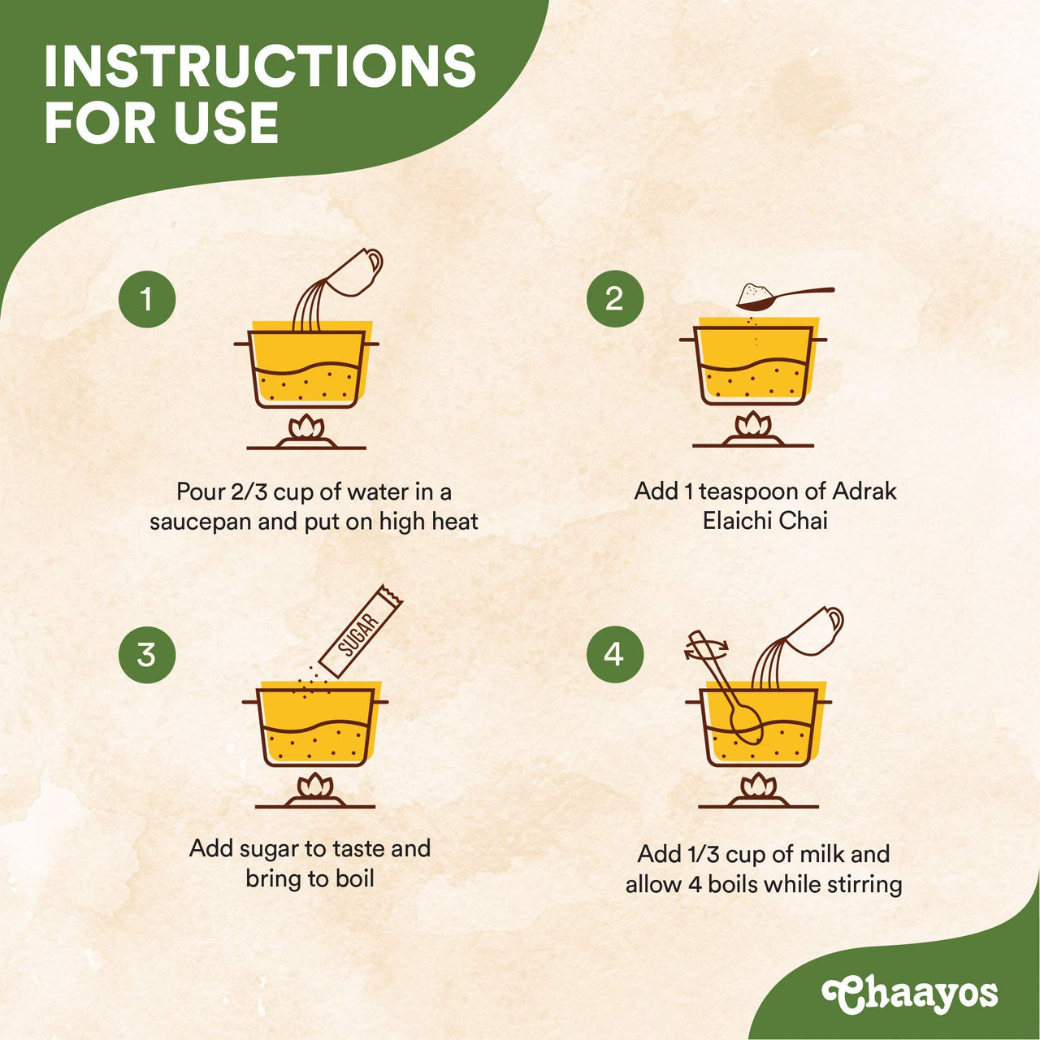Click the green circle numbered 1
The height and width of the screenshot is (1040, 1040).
pos(147,299)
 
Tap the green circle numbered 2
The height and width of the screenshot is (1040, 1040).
pos(615,299)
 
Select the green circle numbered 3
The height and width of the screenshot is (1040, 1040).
pos(147,654)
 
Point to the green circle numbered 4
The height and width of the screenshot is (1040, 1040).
pos(615,654)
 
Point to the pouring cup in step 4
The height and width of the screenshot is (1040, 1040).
pos(813,630)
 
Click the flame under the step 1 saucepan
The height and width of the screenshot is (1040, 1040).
pos(306,427)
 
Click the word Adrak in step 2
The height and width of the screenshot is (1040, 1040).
pos(864,491)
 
